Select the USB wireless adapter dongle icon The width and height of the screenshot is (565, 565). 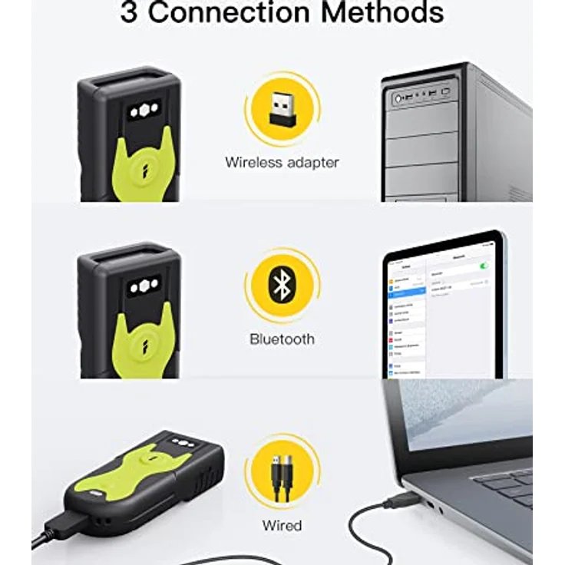(x=282, y=114)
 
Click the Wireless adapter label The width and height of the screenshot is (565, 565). (x=282, y=162)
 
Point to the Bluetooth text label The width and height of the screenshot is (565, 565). (x=282, y=339)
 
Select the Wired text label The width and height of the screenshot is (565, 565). (x=282, y=526)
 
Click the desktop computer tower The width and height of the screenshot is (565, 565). (x=453, y=134)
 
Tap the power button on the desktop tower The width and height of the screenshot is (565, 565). (x=398, y=99)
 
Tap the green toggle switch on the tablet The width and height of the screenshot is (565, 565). (x=484, y=266)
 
